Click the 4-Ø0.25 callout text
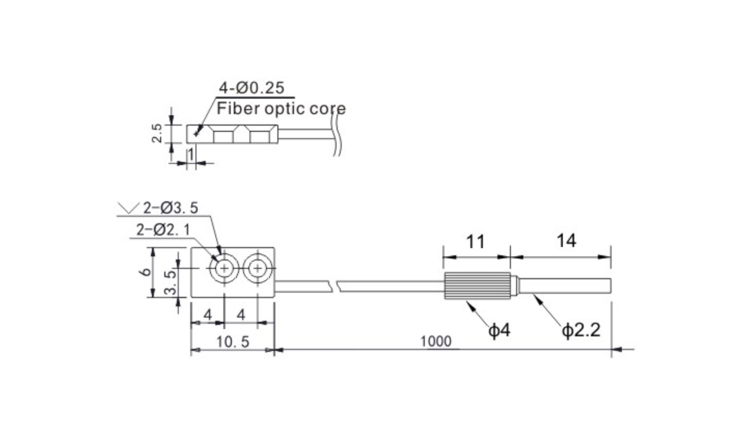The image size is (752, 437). [x=251, y=88]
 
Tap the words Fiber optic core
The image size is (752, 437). [x=281, y=109]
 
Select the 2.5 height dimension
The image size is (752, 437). [x=157, y=133]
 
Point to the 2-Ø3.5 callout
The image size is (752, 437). [x=170, y=208]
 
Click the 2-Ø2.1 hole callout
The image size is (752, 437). [x=163, y=230]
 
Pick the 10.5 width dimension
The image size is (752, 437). [x=232, y=341]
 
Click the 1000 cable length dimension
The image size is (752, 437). [x=436, y=341]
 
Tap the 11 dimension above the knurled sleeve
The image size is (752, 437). [x=475, y=242]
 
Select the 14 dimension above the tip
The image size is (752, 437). [x=566, y=240]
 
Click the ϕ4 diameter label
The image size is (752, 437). [x=499, y=330]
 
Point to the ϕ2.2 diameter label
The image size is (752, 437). [x=581, y=330]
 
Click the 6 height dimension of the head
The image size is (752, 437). [x=146, y=271]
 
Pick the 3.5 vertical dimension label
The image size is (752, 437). [x=169, y=283]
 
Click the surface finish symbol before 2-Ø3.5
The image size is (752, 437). [x=128, y=208]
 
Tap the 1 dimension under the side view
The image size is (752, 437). [x=190, y=154]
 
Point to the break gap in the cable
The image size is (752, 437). [x=334, y=287]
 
